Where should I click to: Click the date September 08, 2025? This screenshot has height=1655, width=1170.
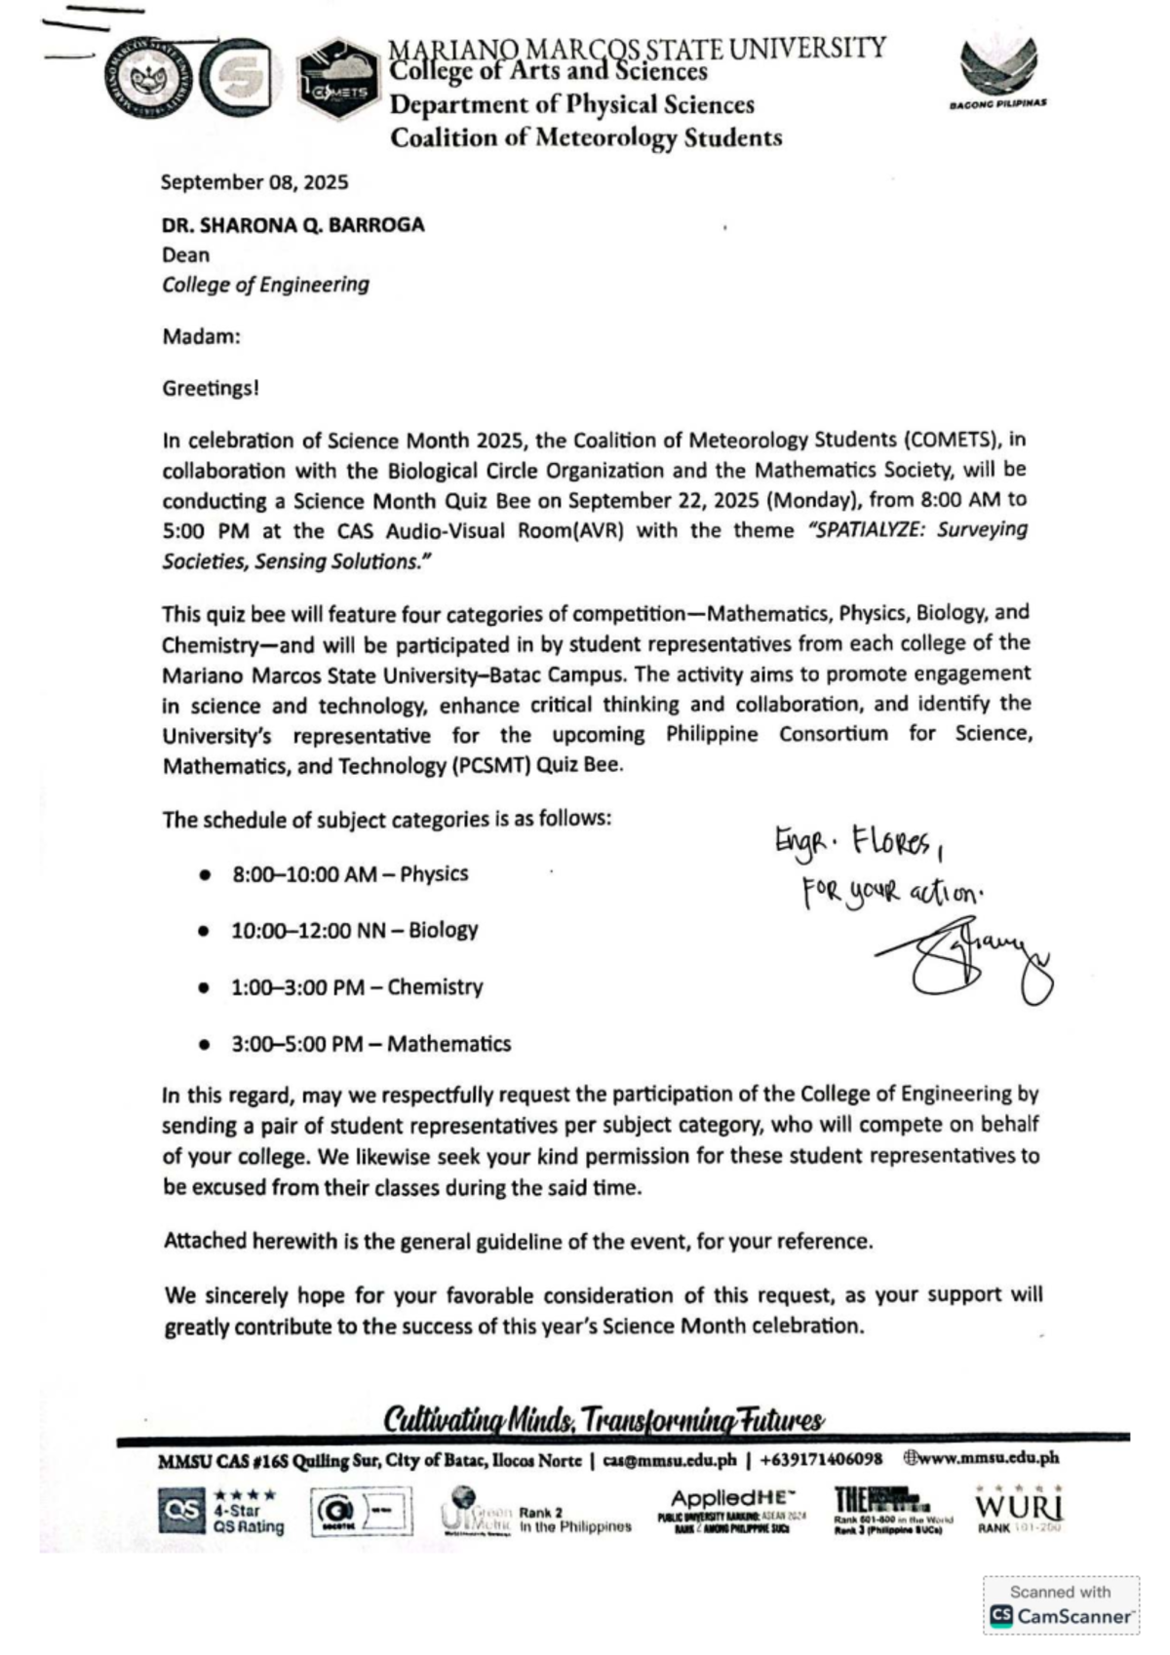pos(254,182)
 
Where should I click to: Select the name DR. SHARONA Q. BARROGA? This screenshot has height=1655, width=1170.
pos(293,225)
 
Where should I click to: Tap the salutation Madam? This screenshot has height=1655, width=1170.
pos(201,337)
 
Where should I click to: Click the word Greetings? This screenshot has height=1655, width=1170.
pos(211,388)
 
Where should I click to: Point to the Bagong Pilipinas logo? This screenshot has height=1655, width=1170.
pos(997,74)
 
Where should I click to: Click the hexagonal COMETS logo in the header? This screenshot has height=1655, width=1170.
pos(338,80)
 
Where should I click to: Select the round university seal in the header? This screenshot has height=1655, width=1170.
pos(148,79)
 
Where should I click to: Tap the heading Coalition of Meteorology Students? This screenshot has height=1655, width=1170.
pos(586,137)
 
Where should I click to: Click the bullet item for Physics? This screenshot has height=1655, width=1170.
pos(349,874)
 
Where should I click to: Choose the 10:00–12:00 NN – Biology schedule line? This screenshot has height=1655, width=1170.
pos(354,931)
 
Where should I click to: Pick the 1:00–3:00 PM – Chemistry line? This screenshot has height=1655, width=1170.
pos(356,987)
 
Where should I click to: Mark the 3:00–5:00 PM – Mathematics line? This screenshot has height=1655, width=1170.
pos(370,1044)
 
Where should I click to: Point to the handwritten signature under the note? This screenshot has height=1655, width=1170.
pos(965,960)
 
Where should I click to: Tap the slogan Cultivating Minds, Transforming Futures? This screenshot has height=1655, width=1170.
pos(604,1419)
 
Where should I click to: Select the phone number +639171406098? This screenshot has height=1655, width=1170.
pos(821,1459)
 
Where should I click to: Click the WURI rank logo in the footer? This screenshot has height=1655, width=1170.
pos(1019,1510)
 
